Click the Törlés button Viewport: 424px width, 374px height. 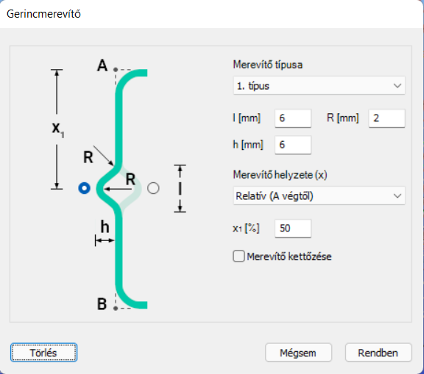tap(44, 353)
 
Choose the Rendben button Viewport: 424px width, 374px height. tap(378, 353)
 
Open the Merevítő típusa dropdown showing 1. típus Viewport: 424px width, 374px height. tap(319, 85)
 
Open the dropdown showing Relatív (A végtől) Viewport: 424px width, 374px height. tap(319, 195)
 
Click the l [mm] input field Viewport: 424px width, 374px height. tap(293, 118)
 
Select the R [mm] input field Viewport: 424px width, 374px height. tap(387, 118)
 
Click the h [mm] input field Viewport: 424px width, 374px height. tap(293, 145)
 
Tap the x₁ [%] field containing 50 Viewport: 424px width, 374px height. tap(293, 229)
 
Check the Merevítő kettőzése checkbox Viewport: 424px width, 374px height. tap(239, 256)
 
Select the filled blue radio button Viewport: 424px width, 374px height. tap(84, 188)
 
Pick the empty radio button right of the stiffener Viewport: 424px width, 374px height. tap(153, 188)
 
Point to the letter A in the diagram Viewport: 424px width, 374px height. tap(102, 65)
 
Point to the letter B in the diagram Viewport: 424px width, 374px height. tap(102, 304)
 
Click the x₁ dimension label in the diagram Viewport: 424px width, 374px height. tap(58, 129)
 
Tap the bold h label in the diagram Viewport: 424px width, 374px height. tap(105, 226)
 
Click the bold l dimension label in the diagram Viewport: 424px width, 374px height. tap(180, 188)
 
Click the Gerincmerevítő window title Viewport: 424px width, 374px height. tap(43, 14)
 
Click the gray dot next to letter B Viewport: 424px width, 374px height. tap(116, 308)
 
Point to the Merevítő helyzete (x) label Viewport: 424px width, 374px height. tap(280, 175)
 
